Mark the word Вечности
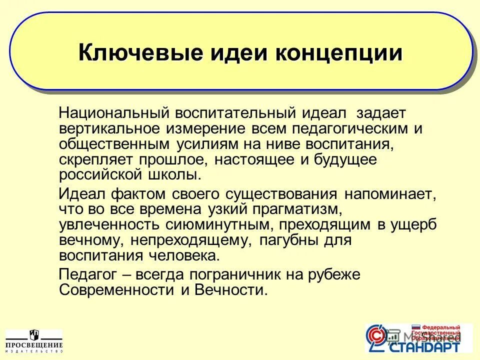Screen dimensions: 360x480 (x=230, y=290)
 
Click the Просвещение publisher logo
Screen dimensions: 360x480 (x=34, y=341)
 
